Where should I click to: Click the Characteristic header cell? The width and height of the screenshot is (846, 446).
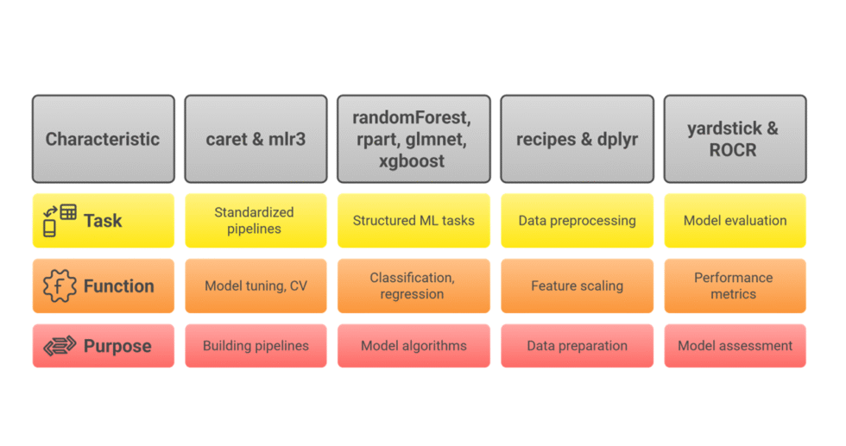pyautogui.click(x=103, y=139)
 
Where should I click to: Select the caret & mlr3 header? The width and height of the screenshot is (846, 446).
pyautogui.click(x=256, y=139)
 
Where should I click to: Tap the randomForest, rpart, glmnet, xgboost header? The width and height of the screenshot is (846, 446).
pyautogui.click(x=413, y=139)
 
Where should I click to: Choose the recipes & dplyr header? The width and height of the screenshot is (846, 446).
pyautogui.click(x=577, y=139)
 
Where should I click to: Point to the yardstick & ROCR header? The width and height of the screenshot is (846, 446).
pyautogui.click(x=734, y=139)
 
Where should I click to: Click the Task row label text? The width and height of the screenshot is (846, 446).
pyautogui.click(x=103, y=221)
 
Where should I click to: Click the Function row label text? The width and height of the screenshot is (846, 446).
pyautogui.click(x=118, y=286)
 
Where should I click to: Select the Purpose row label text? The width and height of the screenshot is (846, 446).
pyautogui.click(x=117, y=346)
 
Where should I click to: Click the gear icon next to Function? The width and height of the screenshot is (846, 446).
pyautogui.click(x=59, y=286)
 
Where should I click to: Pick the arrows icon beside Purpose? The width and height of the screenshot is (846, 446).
pyautogui.click(x=59, y=346)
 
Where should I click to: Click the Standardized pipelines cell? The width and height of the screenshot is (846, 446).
pyautogui.click(x=256, y=220)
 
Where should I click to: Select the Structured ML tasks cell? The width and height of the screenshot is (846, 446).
pyautogui.click(x=413, y=220)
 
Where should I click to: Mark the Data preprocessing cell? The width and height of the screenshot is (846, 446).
pyautogui.click(x=577, y=220)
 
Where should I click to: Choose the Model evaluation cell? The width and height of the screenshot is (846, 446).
pyautogui.click(x=734, y=220)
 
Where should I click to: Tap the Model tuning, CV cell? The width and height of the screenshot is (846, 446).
pyautogui.click(x=256, y=286)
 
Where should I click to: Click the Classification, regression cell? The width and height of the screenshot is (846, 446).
pyautogui.click(x=413, y=286)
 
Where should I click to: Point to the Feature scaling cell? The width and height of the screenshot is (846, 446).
pyautogui.click(x=577, y=286)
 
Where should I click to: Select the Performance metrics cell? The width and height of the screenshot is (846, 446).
pyautogui.click(x=734, y=286)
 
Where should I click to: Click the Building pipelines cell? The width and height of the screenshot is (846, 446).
pyautogui.click(x=256, y=346)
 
